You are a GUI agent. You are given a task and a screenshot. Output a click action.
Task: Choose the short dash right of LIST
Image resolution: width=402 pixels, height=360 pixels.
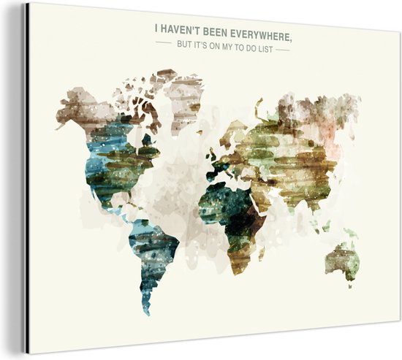(284, 48)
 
